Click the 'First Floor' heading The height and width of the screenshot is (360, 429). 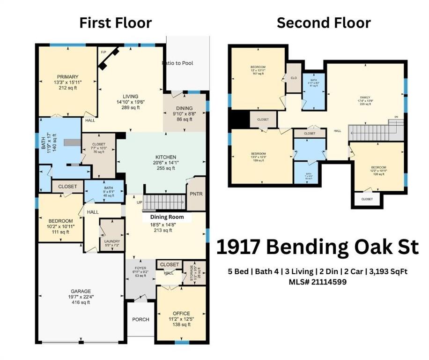115,22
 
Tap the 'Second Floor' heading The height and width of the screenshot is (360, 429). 324,22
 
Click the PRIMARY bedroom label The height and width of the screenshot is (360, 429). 68,77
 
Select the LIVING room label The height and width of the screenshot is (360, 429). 130,96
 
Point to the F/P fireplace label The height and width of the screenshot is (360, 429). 103,52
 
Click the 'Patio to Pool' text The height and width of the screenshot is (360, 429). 178,63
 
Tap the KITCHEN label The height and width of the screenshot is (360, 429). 166,157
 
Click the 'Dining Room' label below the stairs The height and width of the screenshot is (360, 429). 166,217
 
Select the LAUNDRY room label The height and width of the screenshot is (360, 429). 112,241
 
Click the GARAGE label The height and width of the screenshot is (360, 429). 81,291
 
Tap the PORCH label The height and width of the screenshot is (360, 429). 141,319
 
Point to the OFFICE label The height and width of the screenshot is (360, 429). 181,314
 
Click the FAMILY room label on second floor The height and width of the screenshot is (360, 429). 365,98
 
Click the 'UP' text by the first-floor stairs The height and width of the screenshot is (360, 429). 139,202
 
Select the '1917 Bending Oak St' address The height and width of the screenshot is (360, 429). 317,247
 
